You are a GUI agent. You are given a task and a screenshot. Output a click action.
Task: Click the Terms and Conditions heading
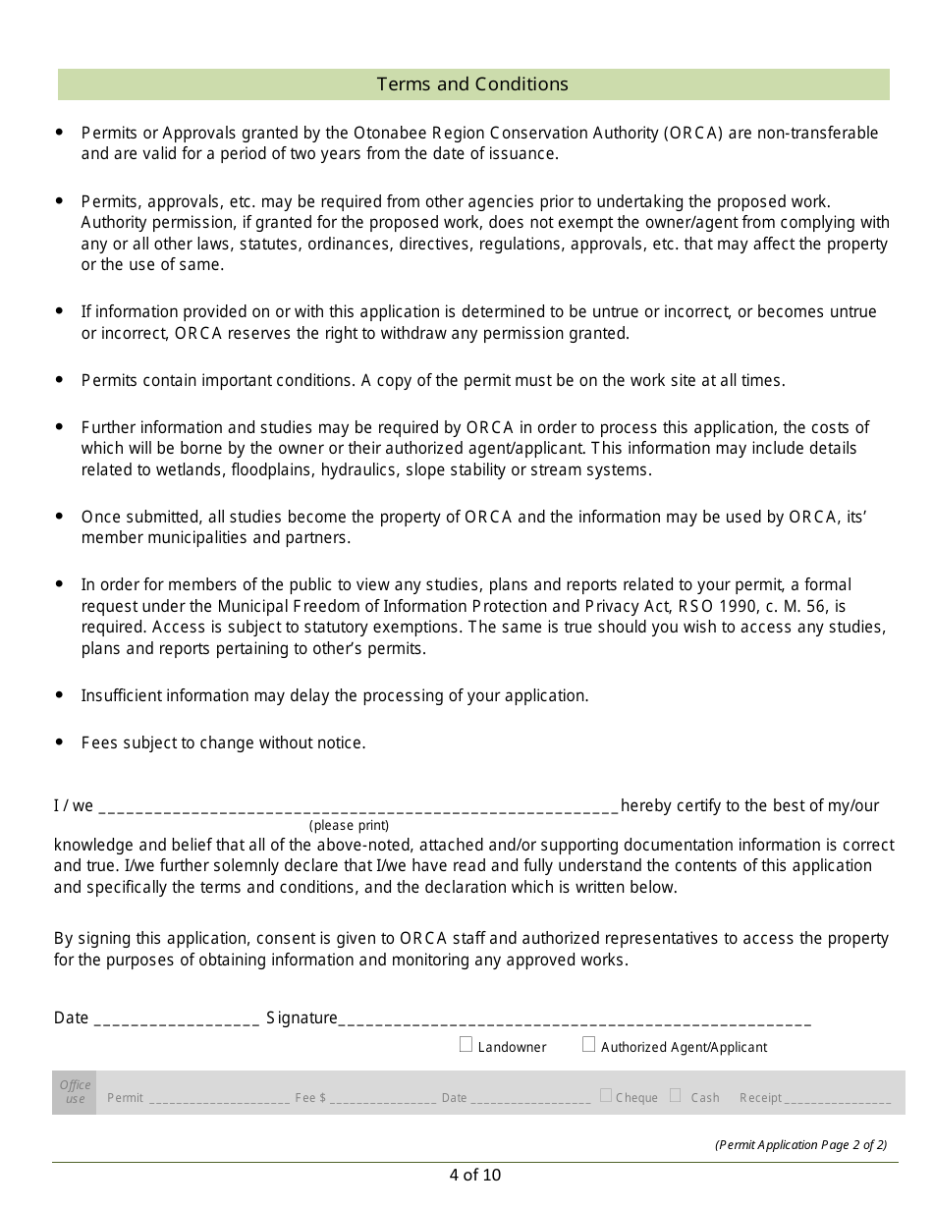(x=472, y=84)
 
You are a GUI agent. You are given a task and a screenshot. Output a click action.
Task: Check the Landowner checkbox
(x=466, y=1045)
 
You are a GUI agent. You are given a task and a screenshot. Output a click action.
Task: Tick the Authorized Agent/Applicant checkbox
(x=589, y=1045)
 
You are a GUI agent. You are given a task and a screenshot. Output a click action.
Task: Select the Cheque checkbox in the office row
(x=606, y=1095)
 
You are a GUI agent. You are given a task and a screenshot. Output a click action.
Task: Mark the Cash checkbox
(x=676, y=1095)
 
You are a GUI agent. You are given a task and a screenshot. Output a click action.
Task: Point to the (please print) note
(x=350, y=826)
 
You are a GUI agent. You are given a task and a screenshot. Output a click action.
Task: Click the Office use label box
(x=75, y=1092)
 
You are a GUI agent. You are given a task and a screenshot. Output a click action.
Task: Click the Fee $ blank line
(x=383, y=1099)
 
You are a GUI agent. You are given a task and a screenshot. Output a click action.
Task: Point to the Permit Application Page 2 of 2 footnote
(x=800, y=1145)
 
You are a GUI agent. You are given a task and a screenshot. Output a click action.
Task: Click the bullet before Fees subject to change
(x=60, y=742)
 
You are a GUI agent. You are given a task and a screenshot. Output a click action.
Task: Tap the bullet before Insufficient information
(x=60, y=695)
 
